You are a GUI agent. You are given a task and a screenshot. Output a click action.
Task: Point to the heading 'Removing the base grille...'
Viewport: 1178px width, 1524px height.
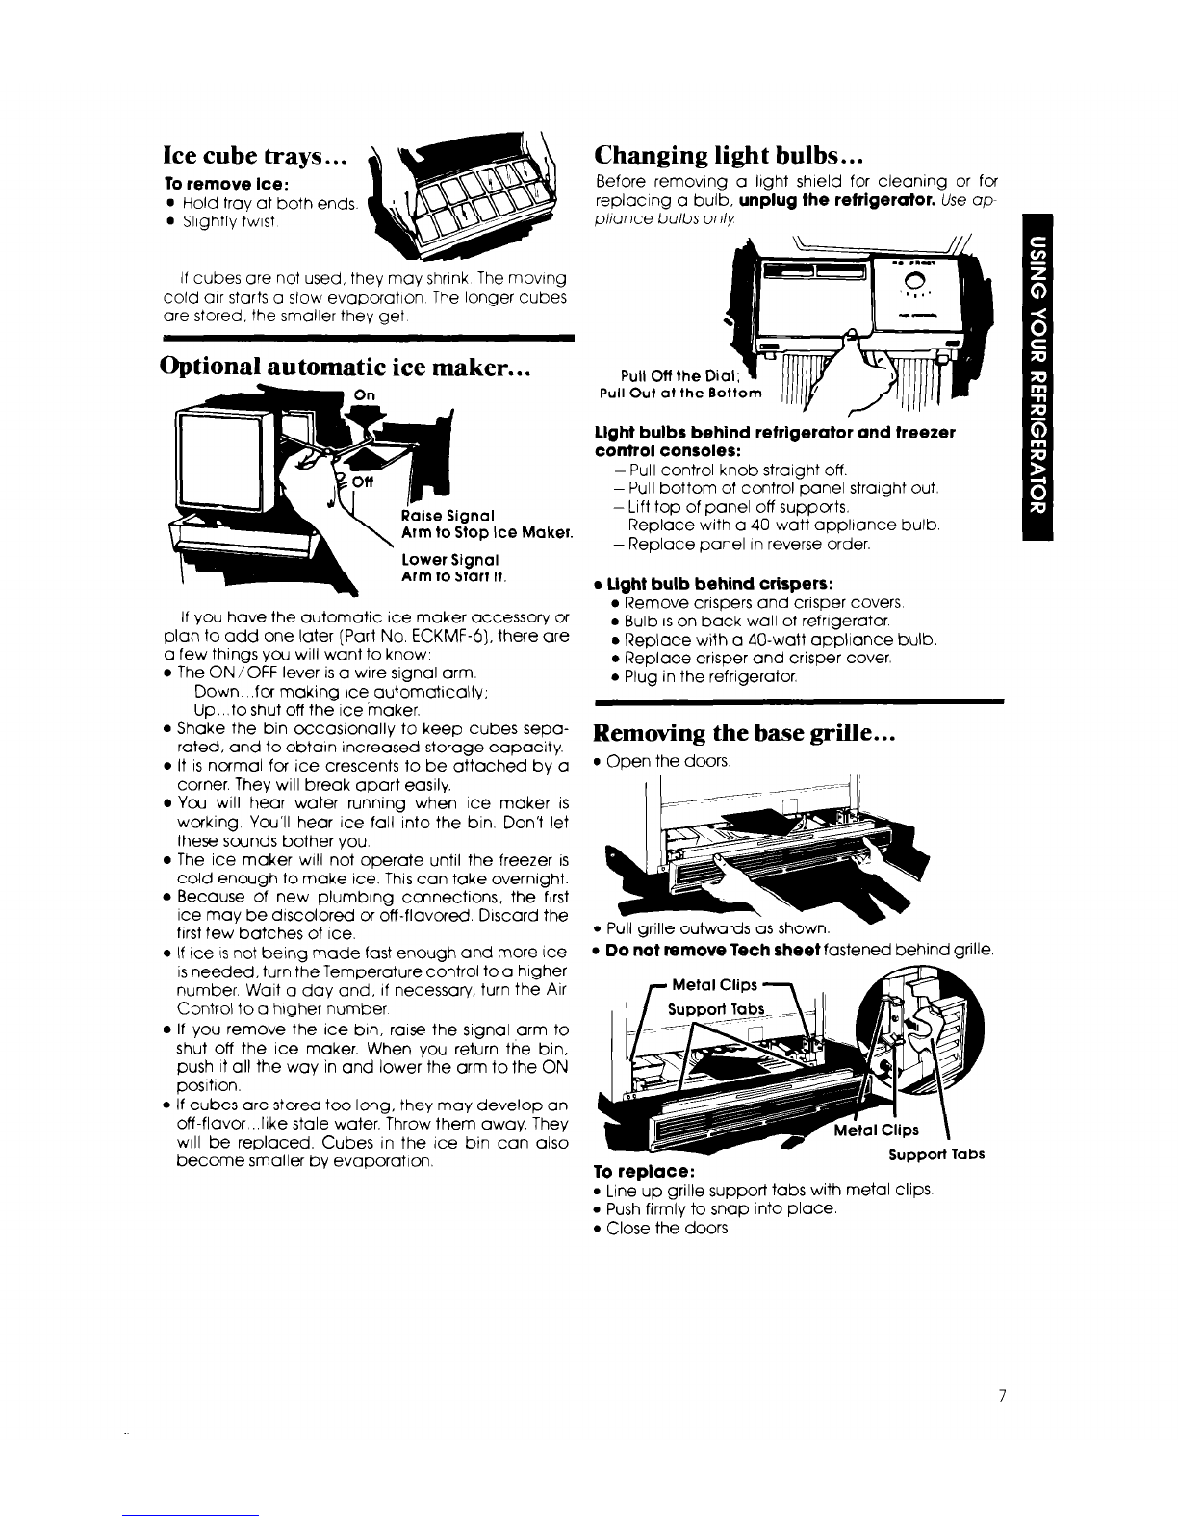746,734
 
